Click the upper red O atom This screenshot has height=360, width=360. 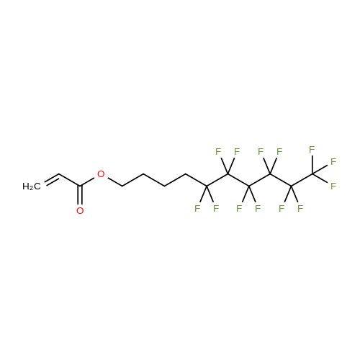pyautogui.click(x=101, y=174)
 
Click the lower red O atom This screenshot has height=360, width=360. pyautogui.click(x=80, y=211)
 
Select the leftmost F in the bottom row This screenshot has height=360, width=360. pyautogui.click(x=197, y=209)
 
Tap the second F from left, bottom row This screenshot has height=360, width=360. pyautogui.click(x=216, y=209)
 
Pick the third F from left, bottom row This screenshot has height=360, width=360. pyautogui.click(x=239, y=209)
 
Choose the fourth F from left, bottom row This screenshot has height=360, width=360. pyautogui.click(x=258, y=209)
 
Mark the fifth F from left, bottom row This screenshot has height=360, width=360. pyautogui.click(x=282, y=209)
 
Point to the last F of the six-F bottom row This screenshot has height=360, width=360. pyautogui.click(x=300, y=209)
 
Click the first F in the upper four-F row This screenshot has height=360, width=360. pyautogui.click(x=218, y=152)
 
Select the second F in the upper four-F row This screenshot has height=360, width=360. pyautogui.click(x=237, y=152)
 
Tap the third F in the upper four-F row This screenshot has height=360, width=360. pyautogui.click(x=261, y=152)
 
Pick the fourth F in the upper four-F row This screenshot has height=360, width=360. pyautogui.click(x=279, y=152)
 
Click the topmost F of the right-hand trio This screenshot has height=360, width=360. pyautogui.click(x=312, y=150)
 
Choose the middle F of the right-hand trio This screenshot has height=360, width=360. pyautogui.click(x=333, y=162)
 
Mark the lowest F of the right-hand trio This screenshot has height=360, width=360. pyautogui.click(x=333, y=186)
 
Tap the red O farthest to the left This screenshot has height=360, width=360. pyautogui.click(x=80, y=211)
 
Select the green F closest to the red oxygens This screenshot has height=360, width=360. pyautogui.click(x=197, y=209)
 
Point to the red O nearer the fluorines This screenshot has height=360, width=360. pyautogui.click(x=101, y=174)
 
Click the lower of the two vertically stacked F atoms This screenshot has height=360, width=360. pyautogui.click(x=333, y=186)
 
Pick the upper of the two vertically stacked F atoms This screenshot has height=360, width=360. pyautogui.click(x=333, y=162)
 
